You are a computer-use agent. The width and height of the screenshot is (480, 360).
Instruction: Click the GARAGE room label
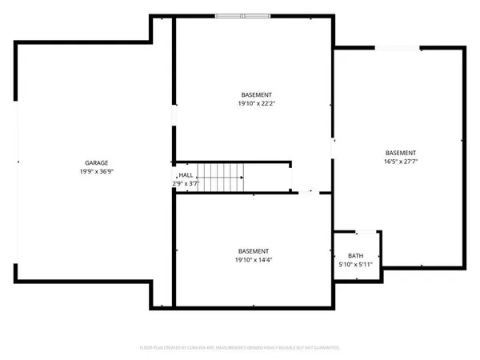click(x=97, y=162)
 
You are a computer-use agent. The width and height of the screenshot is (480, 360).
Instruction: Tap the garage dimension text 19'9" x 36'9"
click(x=97, y=171)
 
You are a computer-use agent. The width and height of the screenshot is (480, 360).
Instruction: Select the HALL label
click(x=185, y=174)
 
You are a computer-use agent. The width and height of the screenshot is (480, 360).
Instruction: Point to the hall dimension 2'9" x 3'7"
click(x=185, y=184)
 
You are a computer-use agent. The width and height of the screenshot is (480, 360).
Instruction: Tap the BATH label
click(x=355, y=255)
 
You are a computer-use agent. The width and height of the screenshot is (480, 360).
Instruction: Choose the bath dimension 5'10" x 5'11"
click(x=355, y=264)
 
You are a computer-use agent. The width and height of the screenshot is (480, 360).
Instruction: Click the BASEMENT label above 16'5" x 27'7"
click(x=400, y=153)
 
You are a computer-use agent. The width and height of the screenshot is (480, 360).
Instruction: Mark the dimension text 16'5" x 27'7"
click(x=400, y=162)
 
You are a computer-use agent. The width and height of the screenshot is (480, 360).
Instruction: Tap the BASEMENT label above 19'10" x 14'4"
click(x=254, y=250)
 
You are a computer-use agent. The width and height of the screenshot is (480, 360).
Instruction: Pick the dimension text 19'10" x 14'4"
click(x=254, y=260)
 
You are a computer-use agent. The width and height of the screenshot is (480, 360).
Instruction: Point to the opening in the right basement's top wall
click(x=398, y=48)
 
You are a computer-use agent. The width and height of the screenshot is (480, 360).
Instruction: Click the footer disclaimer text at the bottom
click(x=240, y=348)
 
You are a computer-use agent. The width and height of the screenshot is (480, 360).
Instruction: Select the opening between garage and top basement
click(x=174, y=116)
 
